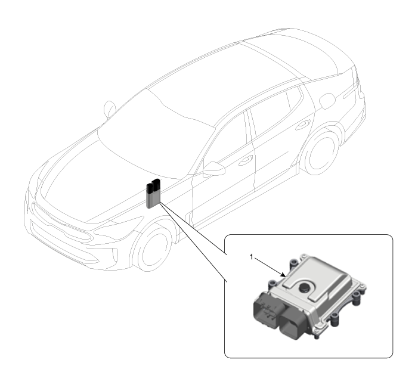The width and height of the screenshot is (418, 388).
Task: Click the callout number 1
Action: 252,257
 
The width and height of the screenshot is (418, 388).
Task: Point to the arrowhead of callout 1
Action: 284,275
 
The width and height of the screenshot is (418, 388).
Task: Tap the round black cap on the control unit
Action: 304,287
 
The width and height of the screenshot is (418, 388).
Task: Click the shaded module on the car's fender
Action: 153,193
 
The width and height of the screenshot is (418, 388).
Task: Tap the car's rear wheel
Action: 322,151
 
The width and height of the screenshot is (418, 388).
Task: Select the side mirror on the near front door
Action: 214,169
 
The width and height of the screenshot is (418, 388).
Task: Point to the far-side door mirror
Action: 110,108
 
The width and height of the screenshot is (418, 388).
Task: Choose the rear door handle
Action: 303,124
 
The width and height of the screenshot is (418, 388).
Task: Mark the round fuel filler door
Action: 327,101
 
